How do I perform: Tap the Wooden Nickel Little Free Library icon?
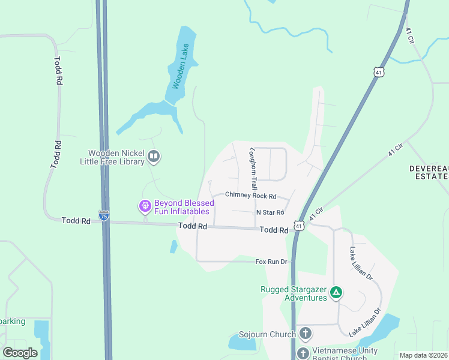pos(154,157)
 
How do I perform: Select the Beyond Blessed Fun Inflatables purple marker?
pos(145,206)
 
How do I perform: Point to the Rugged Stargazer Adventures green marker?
pos(337,293)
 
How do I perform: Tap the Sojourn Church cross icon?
pos(305,334)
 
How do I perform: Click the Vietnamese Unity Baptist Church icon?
pos(303,353)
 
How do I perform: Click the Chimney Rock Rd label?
pos(250,196)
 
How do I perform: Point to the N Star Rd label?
pos(270,212)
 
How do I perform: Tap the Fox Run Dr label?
pos(272,262)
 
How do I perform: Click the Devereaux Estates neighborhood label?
pos(429,172)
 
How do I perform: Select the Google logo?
pos(20,352)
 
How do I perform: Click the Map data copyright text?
pos(423,355)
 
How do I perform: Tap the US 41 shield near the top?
pos(378,72)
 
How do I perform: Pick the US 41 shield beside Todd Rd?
pos(299,226)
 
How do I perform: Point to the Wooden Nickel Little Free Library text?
pos(113,157)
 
